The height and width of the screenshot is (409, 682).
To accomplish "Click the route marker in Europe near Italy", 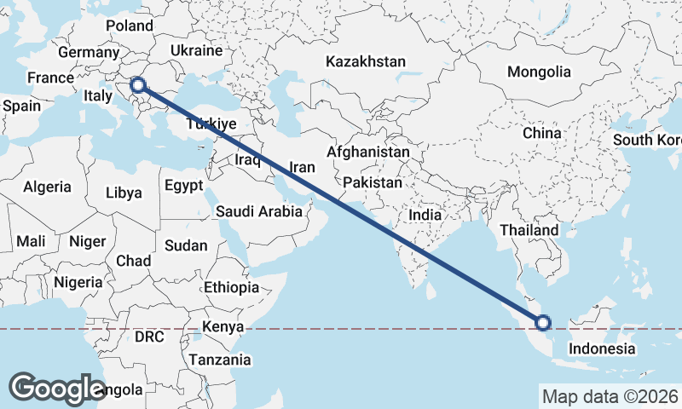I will click(137, 84).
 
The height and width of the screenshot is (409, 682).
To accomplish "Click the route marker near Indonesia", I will click(543, 322).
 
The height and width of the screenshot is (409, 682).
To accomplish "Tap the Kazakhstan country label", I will click(367, 61).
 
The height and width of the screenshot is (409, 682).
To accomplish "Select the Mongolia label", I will click(539, 72).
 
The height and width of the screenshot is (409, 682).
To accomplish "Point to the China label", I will click(542, 133).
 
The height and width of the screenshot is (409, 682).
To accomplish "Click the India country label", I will click(425, 215).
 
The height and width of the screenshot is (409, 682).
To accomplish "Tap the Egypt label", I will click(183, 185).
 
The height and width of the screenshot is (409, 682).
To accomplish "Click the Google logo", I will click(57, 388).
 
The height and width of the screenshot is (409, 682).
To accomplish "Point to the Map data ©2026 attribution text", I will click(610, 396).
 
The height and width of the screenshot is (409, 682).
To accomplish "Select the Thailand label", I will click(529, 230).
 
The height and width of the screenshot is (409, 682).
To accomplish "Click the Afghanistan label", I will click(368, 152).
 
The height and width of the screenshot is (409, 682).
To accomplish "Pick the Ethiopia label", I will click(231, 287).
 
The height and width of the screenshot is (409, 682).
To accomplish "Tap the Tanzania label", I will click(220, 360).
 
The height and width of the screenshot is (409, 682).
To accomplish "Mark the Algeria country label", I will click(48, 186).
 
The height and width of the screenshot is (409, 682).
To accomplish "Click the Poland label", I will click(129, 26).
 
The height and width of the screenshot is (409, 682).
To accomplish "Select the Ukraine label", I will click(196, 51).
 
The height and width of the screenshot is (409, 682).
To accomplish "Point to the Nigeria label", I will click(78, 281).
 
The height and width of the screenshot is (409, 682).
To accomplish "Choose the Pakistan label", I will click(373, 182).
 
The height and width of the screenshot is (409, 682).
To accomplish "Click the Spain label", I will click(21, 107).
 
